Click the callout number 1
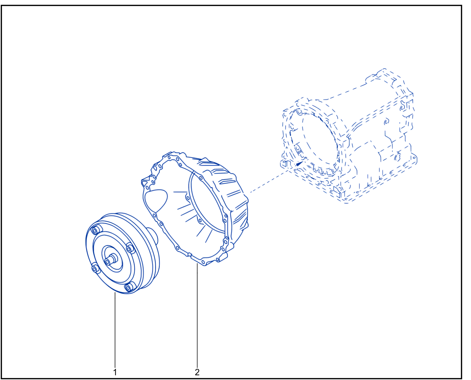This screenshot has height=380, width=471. click(x=115, y=372)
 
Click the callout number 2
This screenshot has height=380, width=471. click(x=197, y=372)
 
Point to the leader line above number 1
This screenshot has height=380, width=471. click(x=115, y=329)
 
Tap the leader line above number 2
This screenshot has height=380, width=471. click(x=197, y=315)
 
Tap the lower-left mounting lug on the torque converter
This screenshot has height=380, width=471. click(x=95, y=268)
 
